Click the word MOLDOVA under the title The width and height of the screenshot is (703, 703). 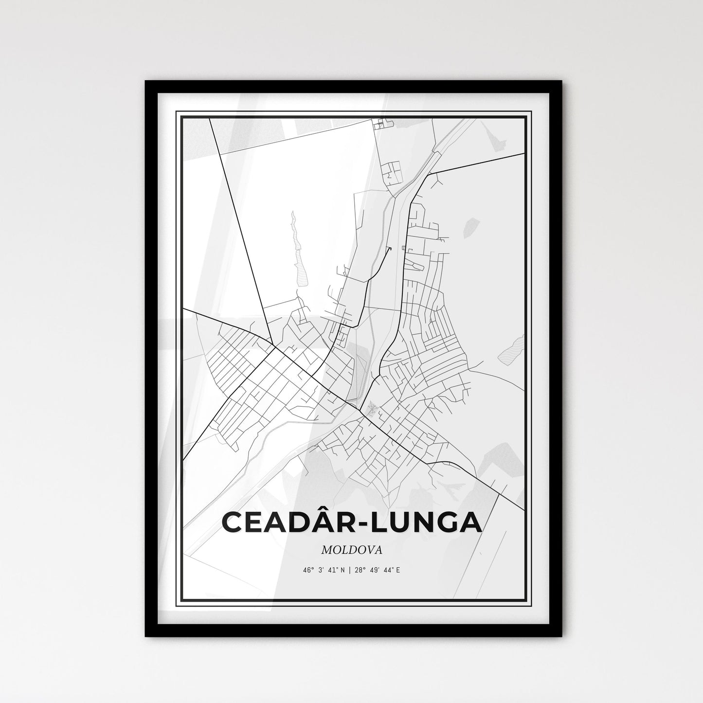click(x=351, y=550)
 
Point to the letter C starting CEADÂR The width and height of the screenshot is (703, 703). click(x=233, y=522)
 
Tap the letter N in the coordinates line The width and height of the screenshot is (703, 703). click(x=342, y=570)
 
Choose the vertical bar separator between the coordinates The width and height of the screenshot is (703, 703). click(x=348, y=570)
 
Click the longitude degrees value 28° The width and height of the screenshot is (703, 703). click(x=358, y=570)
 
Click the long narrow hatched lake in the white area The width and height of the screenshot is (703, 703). click(x=298, y=253)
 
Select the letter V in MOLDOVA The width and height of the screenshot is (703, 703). click(x=368, y=550)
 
